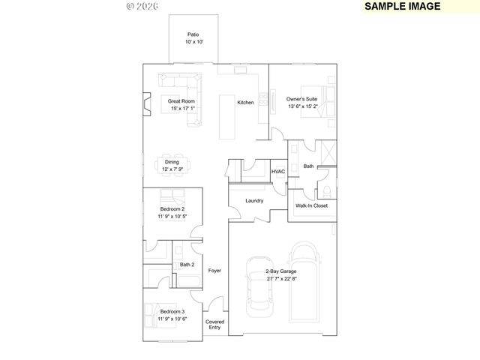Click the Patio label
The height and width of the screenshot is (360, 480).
pos(193,34)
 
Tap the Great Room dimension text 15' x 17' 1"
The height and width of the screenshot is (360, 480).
pos(182,109)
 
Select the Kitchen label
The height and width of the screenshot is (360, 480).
pos(245,102)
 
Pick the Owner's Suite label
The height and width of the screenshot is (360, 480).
pos(302,99)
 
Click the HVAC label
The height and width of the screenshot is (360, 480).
pos(278,172)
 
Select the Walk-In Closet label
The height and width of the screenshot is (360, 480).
pos(311,205)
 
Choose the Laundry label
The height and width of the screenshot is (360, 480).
pos(253,200)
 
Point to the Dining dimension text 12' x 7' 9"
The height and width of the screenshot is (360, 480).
pos(172,169)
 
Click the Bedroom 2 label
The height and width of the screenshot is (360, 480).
pos(172,209)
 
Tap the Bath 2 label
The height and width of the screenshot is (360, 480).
pos(187,265)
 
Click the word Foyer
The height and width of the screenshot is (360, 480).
pos(214,270)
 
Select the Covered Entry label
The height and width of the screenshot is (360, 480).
pos(214,325)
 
